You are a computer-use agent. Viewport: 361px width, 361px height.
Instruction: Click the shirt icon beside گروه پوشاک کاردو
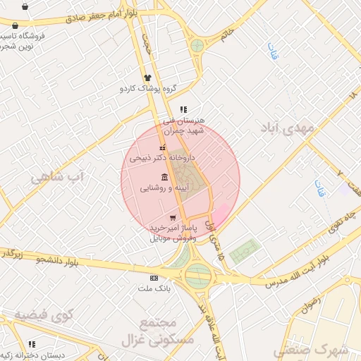(x=148, y=78)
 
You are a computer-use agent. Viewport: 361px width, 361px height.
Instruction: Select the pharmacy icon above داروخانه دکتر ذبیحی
(x=164, y=147)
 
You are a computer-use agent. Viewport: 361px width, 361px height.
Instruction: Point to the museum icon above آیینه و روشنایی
(x=164, y=176)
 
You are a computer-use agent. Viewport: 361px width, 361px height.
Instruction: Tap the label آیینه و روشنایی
(x=164, y=188)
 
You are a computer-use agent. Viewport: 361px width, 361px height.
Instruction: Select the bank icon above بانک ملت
(x=154, y=279)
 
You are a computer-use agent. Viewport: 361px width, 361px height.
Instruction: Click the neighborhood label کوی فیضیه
(x=44, y=314)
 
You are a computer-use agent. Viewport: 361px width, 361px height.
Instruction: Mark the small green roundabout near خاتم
(x=197, y=47)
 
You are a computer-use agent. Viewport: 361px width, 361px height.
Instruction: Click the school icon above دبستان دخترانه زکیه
(x=31, y=343)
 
